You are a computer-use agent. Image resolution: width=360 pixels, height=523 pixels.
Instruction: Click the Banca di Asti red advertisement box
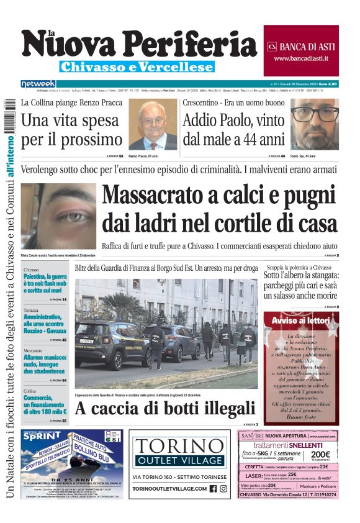click(301, 50)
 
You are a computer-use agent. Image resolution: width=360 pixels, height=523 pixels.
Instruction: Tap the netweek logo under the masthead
click(38, 83)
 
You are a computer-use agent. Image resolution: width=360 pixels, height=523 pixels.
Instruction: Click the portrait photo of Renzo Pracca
click(152, 125)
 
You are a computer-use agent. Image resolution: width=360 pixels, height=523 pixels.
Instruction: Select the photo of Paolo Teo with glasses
click(315, 124)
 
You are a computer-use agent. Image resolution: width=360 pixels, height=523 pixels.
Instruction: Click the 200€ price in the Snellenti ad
click(320, 455)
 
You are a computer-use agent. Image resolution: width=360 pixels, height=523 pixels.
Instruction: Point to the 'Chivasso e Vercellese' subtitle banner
click(137, 66)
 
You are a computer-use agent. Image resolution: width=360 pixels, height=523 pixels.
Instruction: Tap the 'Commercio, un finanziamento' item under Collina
click(45, 404)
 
